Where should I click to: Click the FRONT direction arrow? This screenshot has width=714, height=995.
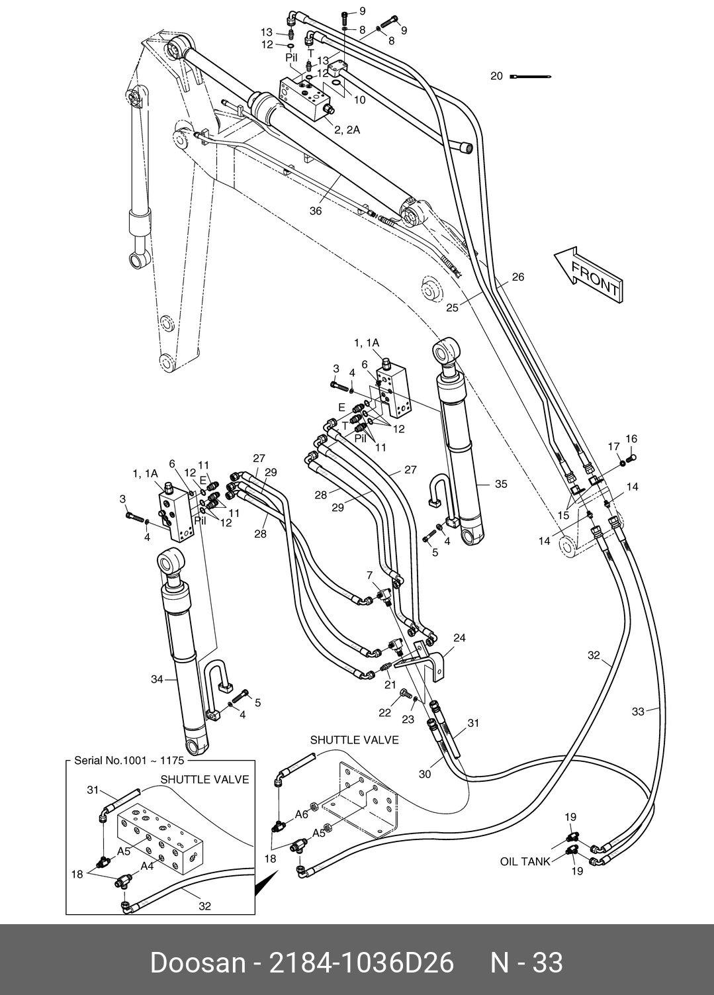click(x=588, y=275)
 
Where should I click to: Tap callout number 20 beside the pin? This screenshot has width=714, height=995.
click(x=497, y=76)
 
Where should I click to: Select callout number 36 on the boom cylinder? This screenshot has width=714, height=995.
click(x=316, y=211)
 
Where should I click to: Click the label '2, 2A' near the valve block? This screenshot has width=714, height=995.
click(x=347, y=130)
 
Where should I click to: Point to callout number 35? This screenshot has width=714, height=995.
click(x=501, y=484)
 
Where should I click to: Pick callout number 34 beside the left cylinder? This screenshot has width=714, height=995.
click(x=157, y=679)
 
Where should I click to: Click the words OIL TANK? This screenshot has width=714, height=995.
click(x=525, y=862)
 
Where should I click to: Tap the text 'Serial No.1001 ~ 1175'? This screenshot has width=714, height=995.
click(x=130, y=761)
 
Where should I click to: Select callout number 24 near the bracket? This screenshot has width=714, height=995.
click(x=459, y=638)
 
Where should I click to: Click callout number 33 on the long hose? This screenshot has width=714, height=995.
click(x=638, y=712)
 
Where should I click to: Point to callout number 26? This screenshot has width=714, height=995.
click(x=517, y=277)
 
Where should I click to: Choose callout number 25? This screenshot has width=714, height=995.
click(x=452, y=307)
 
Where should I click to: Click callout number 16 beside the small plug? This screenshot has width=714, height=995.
click(x=631, y=438)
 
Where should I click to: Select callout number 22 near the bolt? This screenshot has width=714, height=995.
click(x=385, y=712)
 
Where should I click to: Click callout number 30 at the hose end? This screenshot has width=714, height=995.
click(x=425, y=773)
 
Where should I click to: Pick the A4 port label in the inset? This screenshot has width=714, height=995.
click(x=146, y=865)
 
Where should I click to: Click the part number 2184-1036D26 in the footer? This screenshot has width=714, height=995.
click(x=361, y=962)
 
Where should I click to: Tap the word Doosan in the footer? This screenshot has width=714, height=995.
click(x=198, y=962)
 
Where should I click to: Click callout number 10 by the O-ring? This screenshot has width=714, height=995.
click(x=359, y=101)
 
